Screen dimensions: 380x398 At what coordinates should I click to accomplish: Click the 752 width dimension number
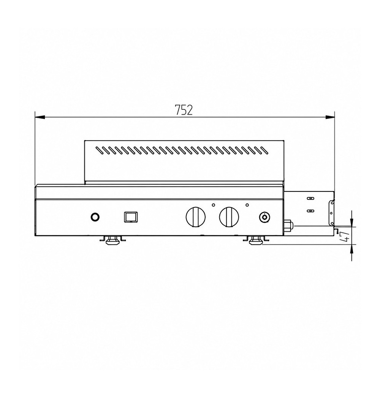pos(184,110)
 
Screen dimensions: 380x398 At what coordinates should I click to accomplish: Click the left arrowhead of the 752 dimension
pos(40,117)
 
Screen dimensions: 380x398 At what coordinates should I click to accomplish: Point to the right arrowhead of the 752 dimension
pos(330,117)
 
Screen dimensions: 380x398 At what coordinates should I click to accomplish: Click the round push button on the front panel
pos(95,217)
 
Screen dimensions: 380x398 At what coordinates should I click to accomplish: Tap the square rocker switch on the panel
pos(131,217)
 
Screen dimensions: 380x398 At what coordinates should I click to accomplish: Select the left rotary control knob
pos(196,217)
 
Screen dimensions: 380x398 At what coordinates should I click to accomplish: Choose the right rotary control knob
pos(229,217)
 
